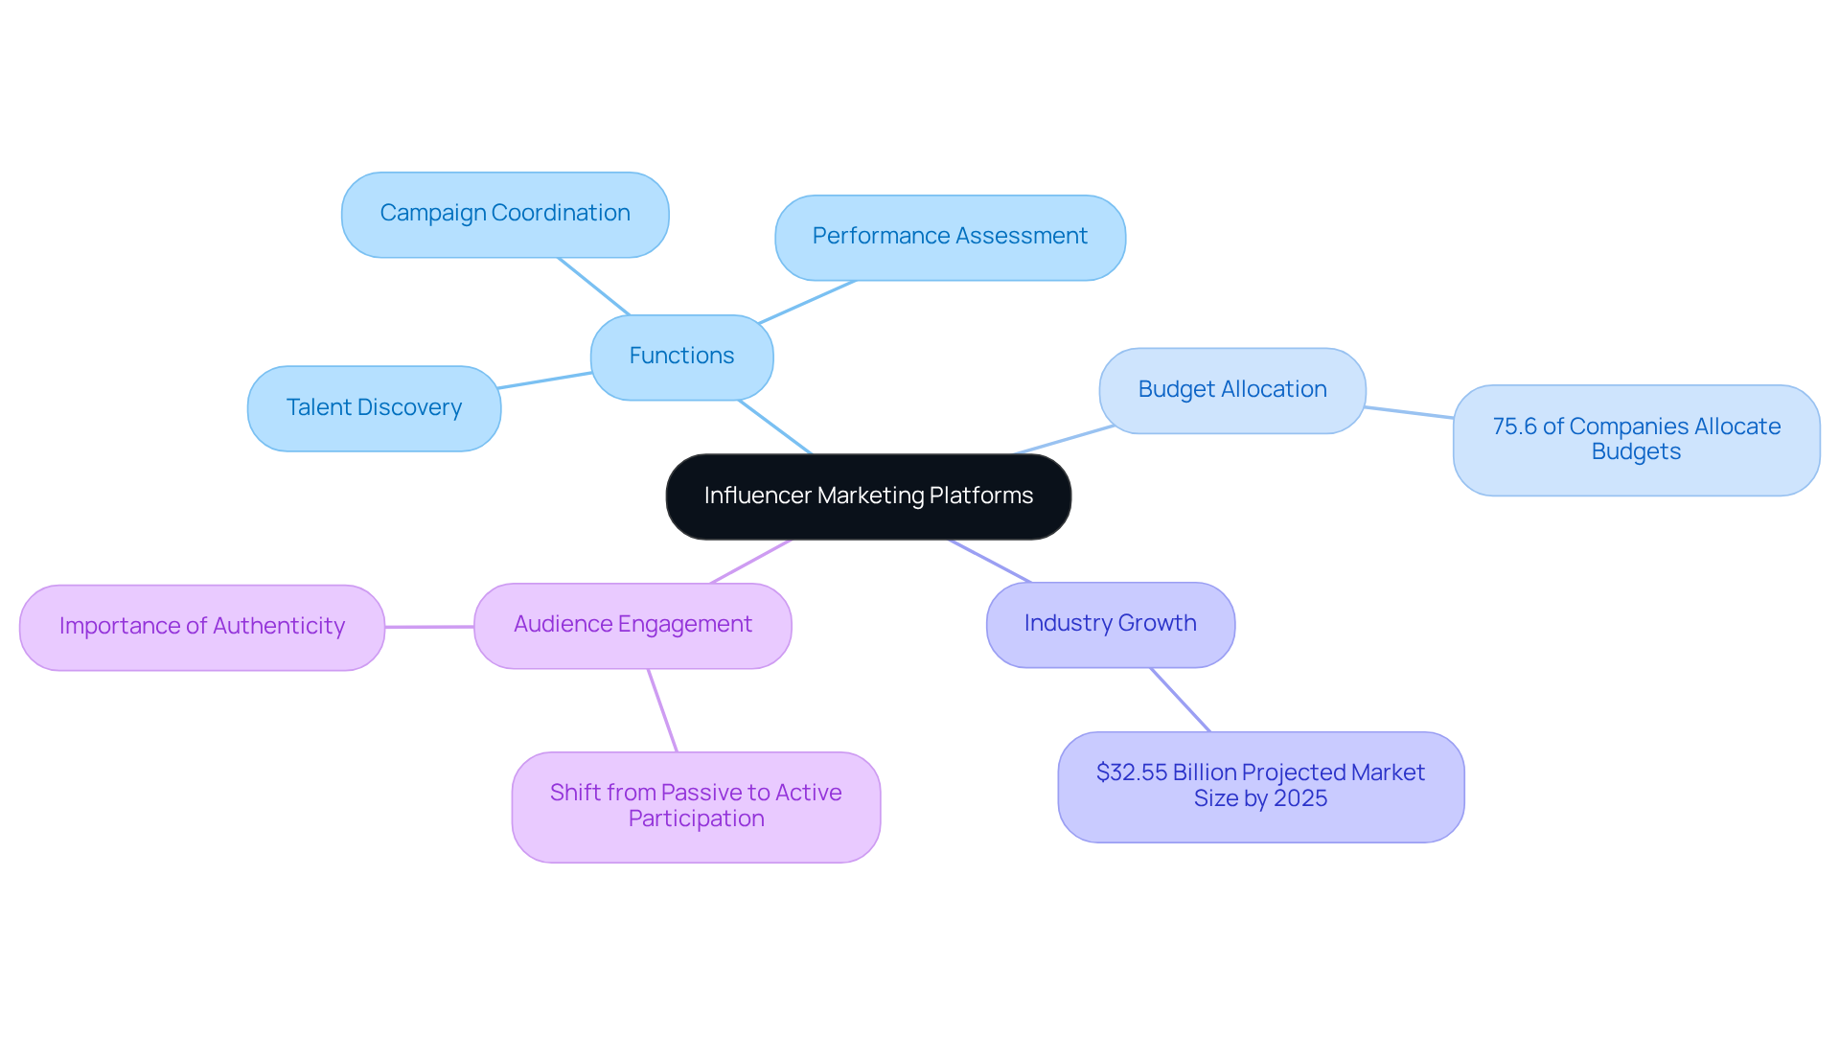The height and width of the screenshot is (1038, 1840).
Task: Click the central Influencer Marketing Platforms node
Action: click(867, 496)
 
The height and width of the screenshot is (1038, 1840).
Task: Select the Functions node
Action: click(681, 357)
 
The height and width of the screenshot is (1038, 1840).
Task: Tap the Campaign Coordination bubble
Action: click(504, 214)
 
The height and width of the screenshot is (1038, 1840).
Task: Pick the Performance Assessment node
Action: click(949, 237)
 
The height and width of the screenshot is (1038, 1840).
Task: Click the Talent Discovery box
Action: click(374, 408)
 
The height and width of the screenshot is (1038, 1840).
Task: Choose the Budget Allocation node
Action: click(1231, 390)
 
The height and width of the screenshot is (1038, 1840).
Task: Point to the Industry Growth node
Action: click(1110, 624)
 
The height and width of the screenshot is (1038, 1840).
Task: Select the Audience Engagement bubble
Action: click(632, 625)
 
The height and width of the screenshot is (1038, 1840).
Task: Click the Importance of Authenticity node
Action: click(201, 627)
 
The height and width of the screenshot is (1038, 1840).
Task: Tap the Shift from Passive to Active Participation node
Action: click(696, 806)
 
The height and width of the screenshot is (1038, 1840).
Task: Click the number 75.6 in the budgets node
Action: click(1514, 427)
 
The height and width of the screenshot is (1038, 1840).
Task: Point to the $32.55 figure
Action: click(1131, 773)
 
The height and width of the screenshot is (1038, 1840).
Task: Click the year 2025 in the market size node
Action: click(1300, 799)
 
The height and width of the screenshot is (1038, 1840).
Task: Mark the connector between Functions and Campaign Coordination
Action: click(593, 286)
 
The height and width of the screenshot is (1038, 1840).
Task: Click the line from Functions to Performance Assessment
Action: click(807, 302)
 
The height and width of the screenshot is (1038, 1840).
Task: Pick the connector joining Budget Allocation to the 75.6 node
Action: click(1409, 413)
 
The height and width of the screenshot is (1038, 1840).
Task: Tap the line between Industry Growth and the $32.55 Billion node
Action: click(1181, 701)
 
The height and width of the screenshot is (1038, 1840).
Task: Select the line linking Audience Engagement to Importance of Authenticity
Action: click(429, 627)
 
